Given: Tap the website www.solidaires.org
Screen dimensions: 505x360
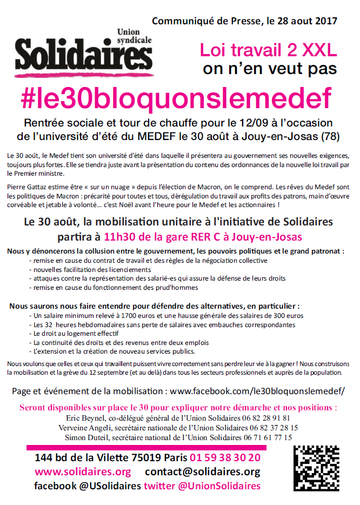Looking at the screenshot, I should pyautogui.click(x=83, y=471).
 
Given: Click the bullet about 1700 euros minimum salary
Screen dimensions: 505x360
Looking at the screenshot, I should pyautogui.click(x=168, y=315).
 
